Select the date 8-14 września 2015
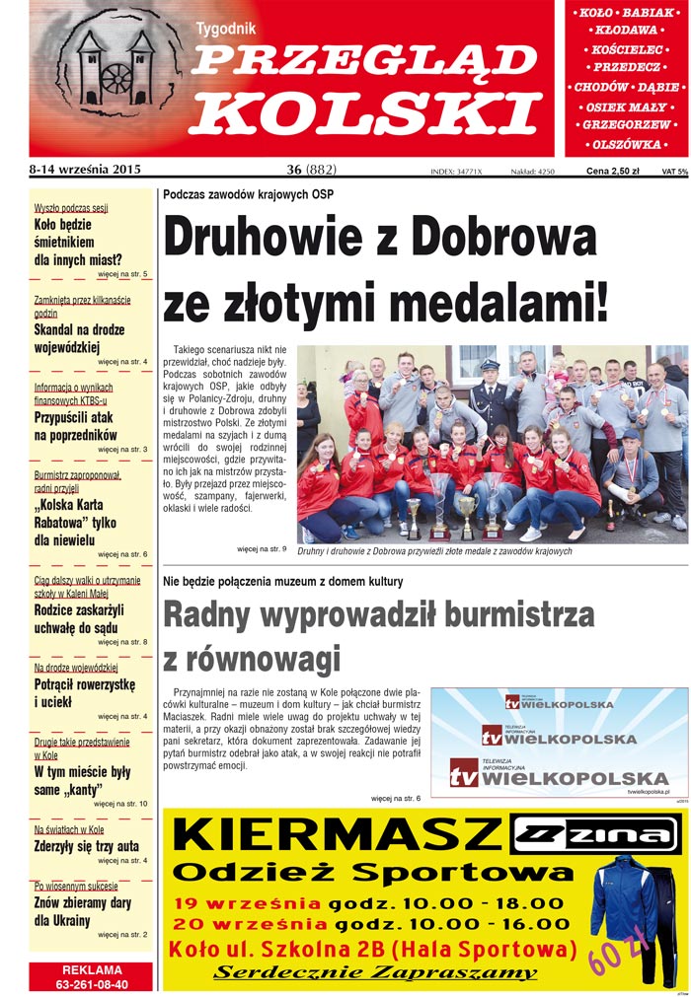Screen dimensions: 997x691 click(x=86, y=170)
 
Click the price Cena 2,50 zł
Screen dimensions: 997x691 click(x=612, y=171)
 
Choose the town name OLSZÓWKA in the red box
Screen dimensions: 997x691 click(x=627, y=145)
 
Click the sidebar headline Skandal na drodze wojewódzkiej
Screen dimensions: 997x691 click(x=79, y=338)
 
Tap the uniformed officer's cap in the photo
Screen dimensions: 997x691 click(x=487, y=364)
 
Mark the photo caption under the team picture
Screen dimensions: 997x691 click(x=434, y=551)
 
